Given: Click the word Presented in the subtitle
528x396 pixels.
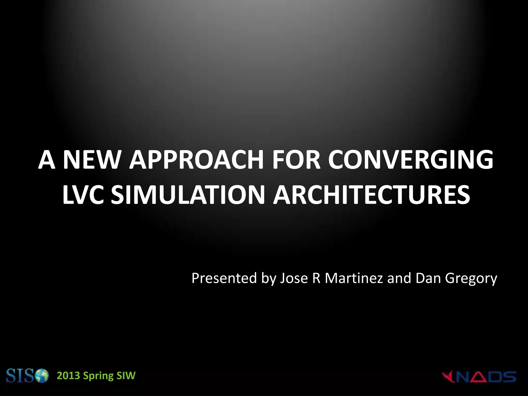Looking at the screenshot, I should pyautogui.click(x=224, y=278).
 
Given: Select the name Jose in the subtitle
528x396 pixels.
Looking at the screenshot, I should pyautogui.click(x=294, y=278).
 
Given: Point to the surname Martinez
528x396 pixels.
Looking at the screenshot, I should pyautogui.click(x=354, y=278).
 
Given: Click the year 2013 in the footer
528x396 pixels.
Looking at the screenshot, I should pyautogui.click(x=68, y=376).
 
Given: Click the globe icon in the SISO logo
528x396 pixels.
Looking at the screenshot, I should pyautogui.click(x=42, y=377).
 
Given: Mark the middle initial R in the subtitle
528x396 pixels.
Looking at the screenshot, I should pyautogui.click(x=316, y=278).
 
